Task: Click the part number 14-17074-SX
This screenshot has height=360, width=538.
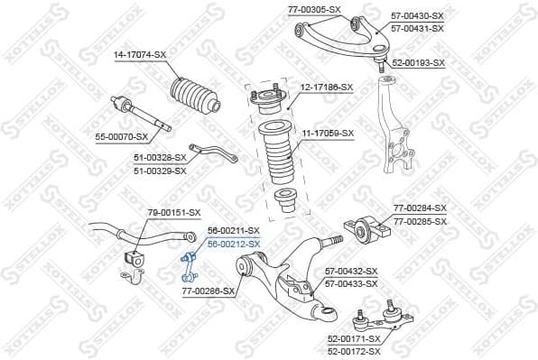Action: pos(140,55)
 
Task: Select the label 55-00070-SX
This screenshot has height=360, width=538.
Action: pos(121,138)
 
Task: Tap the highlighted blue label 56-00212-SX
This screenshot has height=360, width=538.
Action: pos(234,244)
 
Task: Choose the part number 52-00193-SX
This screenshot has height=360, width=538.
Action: pos(418,63)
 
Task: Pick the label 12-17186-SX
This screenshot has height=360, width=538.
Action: pos(328,86)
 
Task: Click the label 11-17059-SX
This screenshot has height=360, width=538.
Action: pos(328,134)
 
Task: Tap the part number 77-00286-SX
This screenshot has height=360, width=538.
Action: pos(209,291)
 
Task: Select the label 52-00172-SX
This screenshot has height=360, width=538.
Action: pos(354,350)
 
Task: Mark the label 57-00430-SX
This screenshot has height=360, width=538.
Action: pos(417,16)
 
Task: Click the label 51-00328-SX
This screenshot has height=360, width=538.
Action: pos(160,157)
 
